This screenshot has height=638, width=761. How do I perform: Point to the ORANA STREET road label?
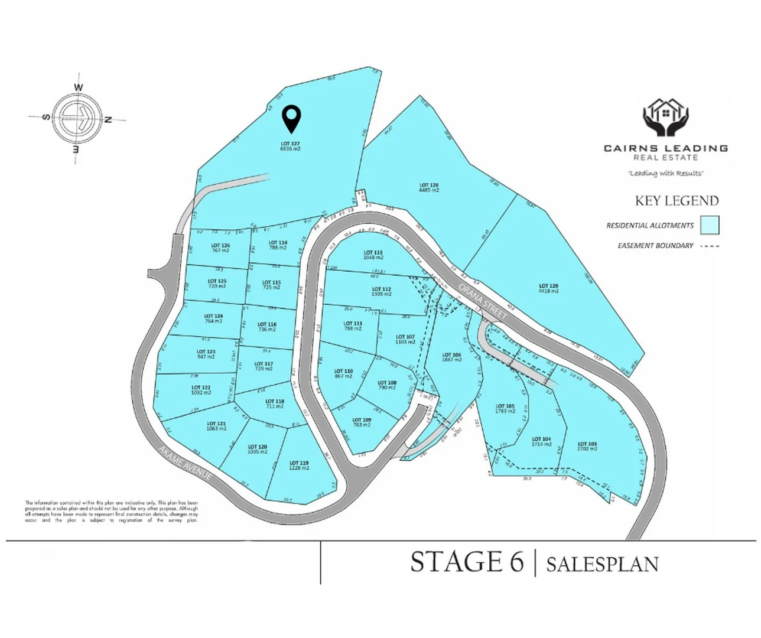coord(483,302)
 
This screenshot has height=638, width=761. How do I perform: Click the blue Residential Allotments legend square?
coord(710,225)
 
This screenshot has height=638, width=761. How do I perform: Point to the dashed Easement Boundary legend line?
coord(710,246)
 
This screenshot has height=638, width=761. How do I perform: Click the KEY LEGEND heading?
coord(677,201)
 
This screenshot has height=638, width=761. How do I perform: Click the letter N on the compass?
coord(108,120)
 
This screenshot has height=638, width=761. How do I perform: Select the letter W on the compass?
coord(79,88)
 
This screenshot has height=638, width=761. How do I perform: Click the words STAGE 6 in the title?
coord(467,562)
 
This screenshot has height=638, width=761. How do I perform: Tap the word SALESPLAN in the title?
coord(602,564)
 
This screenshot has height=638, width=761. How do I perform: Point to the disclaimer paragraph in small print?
coord(111,512)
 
